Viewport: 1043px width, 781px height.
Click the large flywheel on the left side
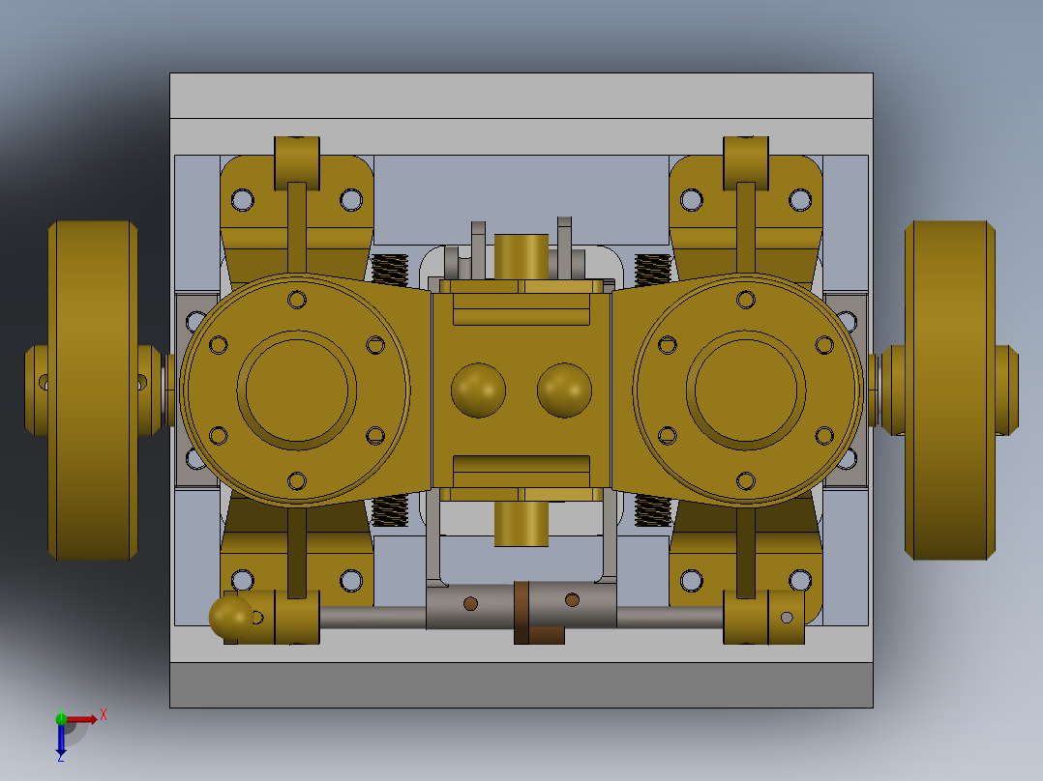pyautogui.click(x=93, y=390)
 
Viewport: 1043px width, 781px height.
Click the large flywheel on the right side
pyautogui.click(x=948, y=390)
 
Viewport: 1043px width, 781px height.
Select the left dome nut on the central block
pyautogui.click(x=477, y=390)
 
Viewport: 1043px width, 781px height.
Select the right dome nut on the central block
pyautogui.click(x=564, y=390)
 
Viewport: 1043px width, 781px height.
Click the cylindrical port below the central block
pyautogui.click(x=521, y=523)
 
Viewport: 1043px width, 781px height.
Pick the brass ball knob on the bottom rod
pyautogui.click(x=230, y=616)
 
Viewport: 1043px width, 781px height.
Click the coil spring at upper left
pyautogui.click(x=390, y=270)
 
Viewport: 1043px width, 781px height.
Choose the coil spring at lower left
pyautogui.click(x=390, y=509)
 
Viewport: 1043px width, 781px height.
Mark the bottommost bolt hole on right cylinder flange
pyautogui.click(x=745, y=479)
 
